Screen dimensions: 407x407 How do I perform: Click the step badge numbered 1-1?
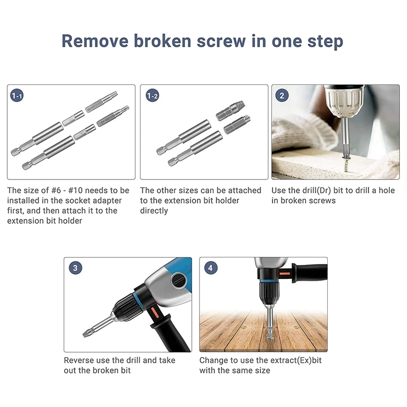(17, 96)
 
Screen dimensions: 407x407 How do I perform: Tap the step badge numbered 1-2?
(152, 96)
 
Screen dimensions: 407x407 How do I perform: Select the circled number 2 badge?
(282, 96)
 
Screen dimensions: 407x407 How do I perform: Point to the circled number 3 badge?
(75, 268)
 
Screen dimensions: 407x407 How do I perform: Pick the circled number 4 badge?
(211, 268)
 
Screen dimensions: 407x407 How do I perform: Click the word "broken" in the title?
(162, 41)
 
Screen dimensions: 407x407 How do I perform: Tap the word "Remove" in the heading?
(95, 41)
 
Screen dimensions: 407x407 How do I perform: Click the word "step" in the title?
(325, 42)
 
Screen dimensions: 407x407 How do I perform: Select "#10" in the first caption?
(75, 190)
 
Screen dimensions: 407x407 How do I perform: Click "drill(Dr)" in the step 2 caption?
(316, 190)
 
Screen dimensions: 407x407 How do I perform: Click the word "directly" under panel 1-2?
(154, 211)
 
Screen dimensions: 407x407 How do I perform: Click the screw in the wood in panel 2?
(346, 164)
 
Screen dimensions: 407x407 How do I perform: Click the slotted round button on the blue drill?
(179, 280)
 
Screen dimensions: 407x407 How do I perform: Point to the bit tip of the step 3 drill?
(85, 334)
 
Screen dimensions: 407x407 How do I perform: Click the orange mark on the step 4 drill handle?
(284, 274)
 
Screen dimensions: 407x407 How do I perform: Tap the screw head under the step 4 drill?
(270, 337)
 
